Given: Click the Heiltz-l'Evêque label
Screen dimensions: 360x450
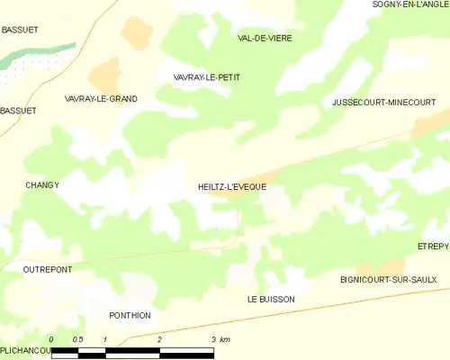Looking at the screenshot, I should click(231, 187).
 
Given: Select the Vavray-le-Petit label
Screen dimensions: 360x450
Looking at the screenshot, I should click(206, 78).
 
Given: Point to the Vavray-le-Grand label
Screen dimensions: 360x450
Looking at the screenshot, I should click(101, 98).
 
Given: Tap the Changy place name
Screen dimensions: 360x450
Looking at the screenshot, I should click(42, 185).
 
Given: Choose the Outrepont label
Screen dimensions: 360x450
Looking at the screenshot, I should click(48, 269).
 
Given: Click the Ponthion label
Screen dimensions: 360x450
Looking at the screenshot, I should click(130, 316).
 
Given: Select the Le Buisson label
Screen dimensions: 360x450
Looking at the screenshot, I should click(271, 299).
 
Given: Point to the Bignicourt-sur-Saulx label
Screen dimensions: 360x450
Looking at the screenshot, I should click(388, 280).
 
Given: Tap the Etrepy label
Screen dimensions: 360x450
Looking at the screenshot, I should click(433, 246).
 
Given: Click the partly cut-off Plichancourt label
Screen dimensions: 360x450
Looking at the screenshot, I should click(24, 350).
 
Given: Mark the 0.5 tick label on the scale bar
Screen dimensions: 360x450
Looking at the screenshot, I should click(78, 339).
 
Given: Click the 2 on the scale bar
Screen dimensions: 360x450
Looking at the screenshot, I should click(159, 339).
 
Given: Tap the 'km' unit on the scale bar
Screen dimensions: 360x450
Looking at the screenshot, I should click(224, 339).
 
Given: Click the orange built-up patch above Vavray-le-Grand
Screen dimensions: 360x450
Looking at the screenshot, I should click(104, 74).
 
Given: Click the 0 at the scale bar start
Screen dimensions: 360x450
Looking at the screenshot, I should click(52, 339).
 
